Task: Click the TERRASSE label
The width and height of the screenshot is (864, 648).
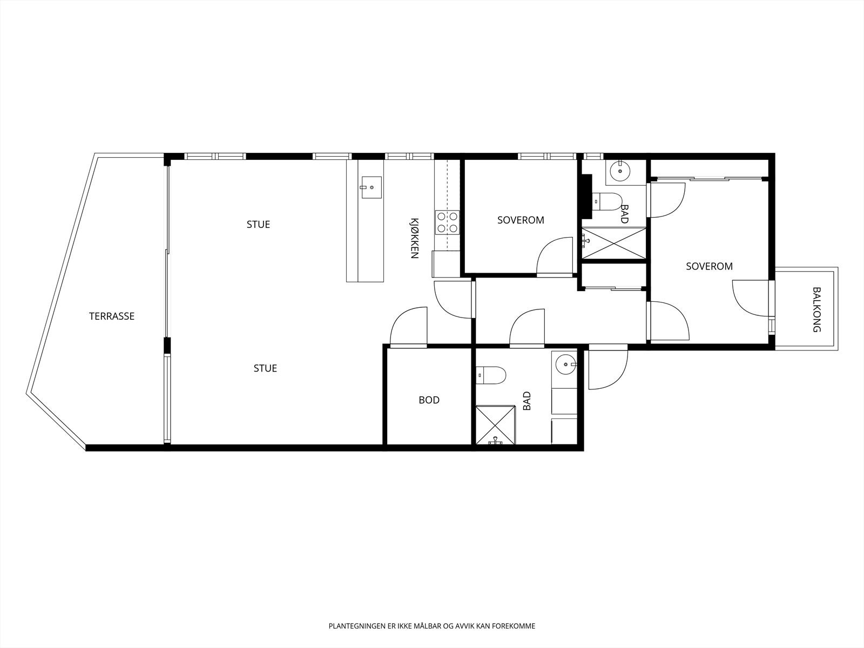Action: (112, 316)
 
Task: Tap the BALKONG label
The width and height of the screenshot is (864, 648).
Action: (817, 309)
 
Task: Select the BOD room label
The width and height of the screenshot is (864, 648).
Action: (429, 400)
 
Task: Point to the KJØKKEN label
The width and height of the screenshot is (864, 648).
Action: (414, 239)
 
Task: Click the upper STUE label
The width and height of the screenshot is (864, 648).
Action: (258, 225)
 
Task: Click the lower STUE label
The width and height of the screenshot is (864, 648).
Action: (265, 368)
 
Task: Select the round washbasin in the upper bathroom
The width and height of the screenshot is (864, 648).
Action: (620, 171)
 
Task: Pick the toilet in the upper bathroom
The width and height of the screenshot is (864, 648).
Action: (606, 202)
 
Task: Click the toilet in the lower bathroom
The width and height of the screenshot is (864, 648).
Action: (490, 375)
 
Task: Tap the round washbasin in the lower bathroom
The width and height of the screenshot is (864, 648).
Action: (566, 364)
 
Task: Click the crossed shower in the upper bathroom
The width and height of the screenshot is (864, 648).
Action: (613, 243)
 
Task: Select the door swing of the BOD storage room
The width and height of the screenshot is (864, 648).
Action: (409, 327)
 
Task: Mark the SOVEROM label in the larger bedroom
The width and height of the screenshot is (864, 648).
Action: (710, 266)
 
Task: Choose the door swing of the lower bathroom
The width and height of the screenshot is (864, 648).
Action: (527, 328)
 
